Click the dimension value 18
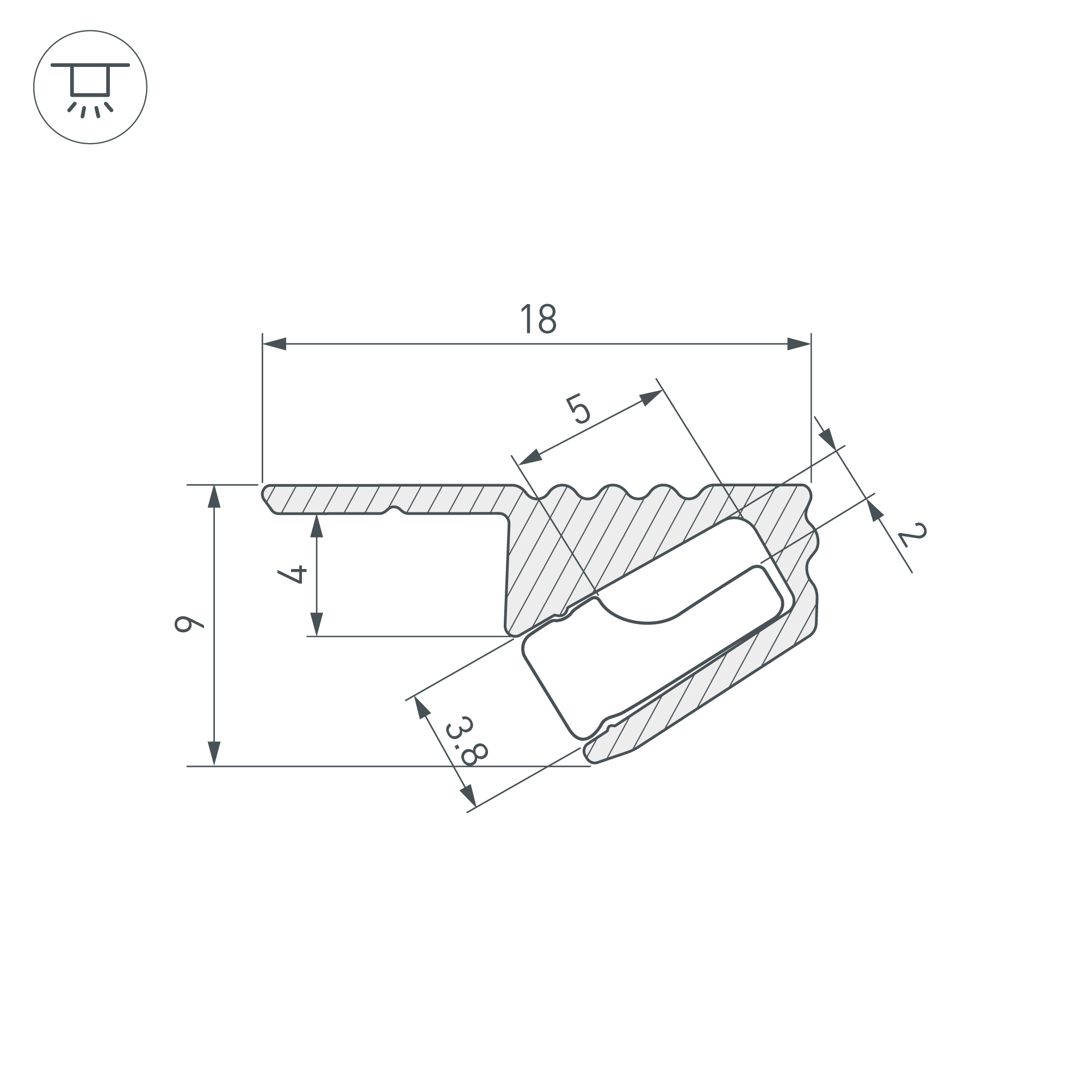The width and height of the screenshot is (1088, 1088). [x=539, y=319]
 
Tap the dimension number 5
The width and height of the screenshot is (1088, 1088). [x=578, y=409]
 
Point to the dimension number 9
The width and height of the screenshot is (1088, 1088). [x=189, y=625]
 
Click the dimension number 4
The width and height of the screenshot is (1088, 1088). [x=292, y=574]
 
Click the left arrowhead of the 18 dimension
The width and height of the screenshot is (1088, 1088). [x=274, y=344]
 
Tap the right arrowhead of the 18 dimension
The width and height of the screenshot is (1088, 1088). [x=799, y=344]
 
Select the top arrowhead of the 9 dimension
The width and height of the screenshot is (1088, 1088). [x=214, y=496]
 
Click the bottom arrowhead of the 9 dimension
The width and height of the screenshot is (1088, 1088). [x=214, y=754]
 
